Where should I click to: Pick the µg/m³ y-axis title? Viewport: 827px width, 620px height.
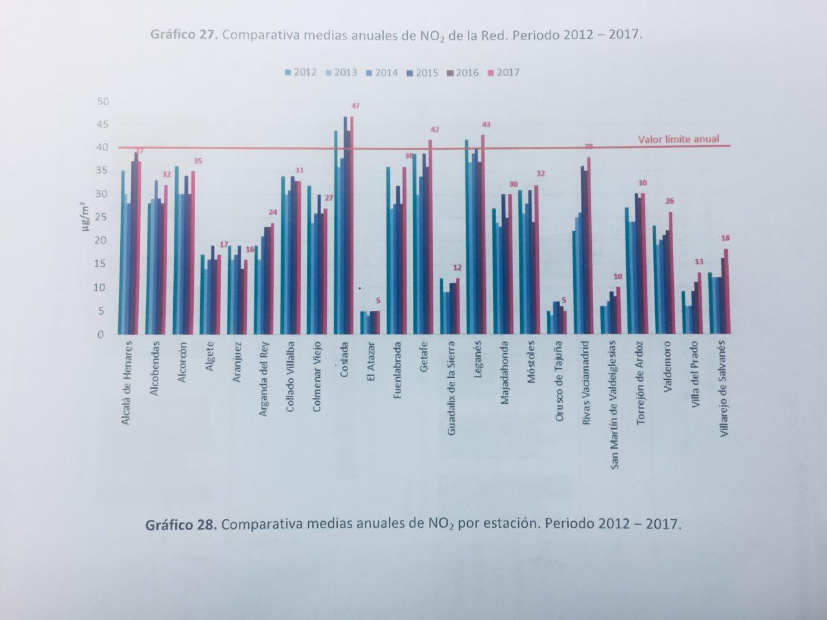click(83, 218)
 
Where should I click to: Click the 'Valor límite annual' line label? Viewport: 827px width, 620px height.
click(678, 139)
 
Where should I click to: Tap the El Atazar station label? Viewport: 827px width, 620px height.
click(371, 364)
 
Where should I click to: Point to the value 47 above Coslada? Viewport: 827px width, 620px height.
click(355, 106)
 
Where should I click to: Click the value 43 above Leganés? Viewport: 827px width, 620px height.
click(486, 125)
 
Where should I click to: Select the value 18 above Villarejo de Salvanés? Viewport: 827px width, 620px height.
click(725, 238)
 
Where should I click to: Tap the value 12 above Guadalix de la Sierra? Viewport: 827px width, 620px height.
click(457, 267)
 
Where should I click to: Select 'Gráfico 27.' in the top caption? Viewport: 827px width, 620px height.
click(184, 34)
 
